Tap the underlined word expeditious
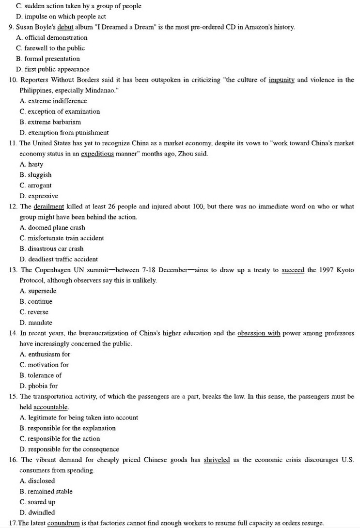97,154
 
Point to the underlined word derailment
49,207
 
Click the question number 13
13,270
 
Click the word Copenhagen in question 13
51,270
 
